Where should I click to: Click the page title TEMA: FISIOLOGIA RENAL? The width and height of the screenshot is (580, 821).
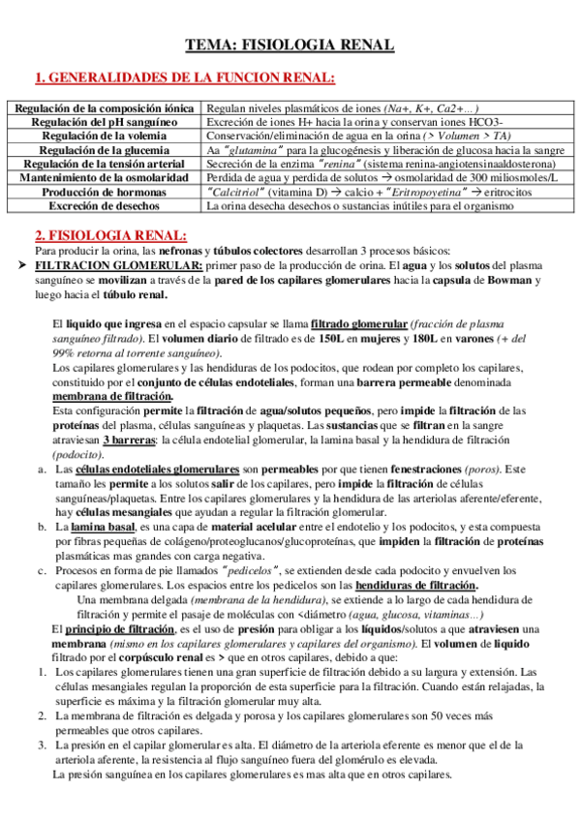click(290, 46)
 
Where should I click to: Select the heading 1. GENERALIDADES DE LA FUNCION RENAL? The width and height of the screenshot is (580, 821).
click(185, 77)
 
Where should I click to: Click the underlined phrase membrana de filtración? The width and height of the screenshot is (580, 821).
click(112, 396)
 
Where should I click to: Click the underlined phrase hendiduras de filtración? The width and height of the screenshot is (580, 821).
click(418, 585)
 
